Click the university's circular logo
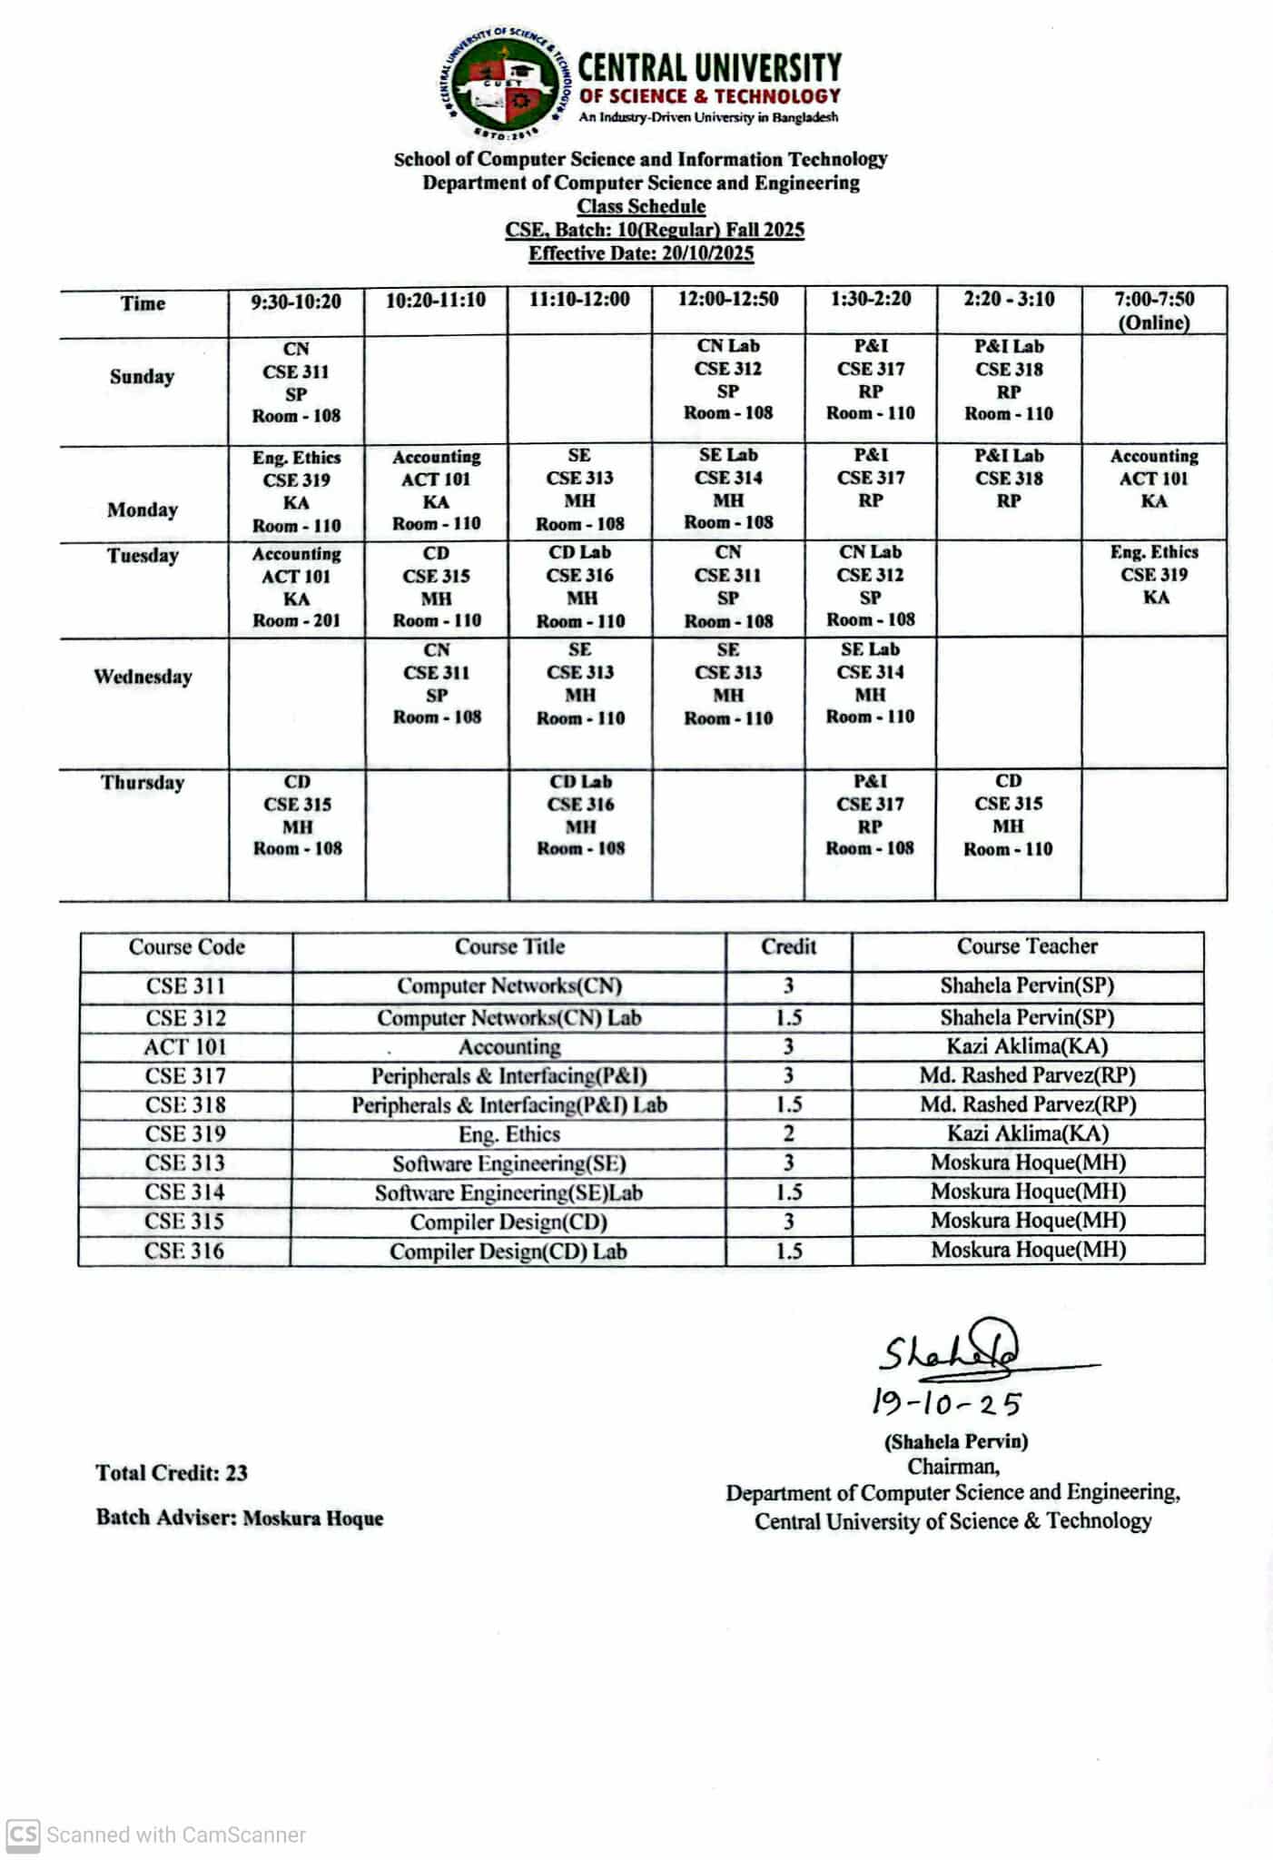[x=506, y=84]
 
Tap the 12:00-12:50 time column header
[x=728, y=300]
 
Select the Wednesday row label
[x=143, y=678]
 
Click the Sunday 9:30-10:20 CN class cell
[x=296, y=382]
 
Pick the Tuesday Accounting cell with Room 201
[x=296, y=588]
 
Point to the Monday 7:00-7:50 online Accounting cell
[x=1154, y=479]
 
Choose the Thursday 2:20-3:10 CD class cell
[x=1008, y=816]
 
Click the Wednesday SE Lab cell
[x=870, y=683]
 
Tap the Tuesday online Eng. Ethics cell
[x=1154, y=575]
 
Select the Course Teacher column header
[x=1027, y=947]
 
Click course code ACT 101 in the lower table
[x=185, y=1047]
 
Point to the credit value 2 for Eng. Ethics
[x=788, y=1134]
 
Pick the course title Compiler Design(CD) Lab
[x=508, y=1252]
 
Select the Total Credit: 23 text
[x=172, y=1473]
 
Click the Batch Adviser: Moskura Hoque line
[x=240, y=1519]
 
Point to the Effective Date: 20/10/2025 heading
[x=641, y=254]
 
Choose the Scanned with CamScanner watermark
[x=156, y=1835]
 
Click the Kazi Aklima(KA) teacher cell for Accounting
[x=1027, y=1047]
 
